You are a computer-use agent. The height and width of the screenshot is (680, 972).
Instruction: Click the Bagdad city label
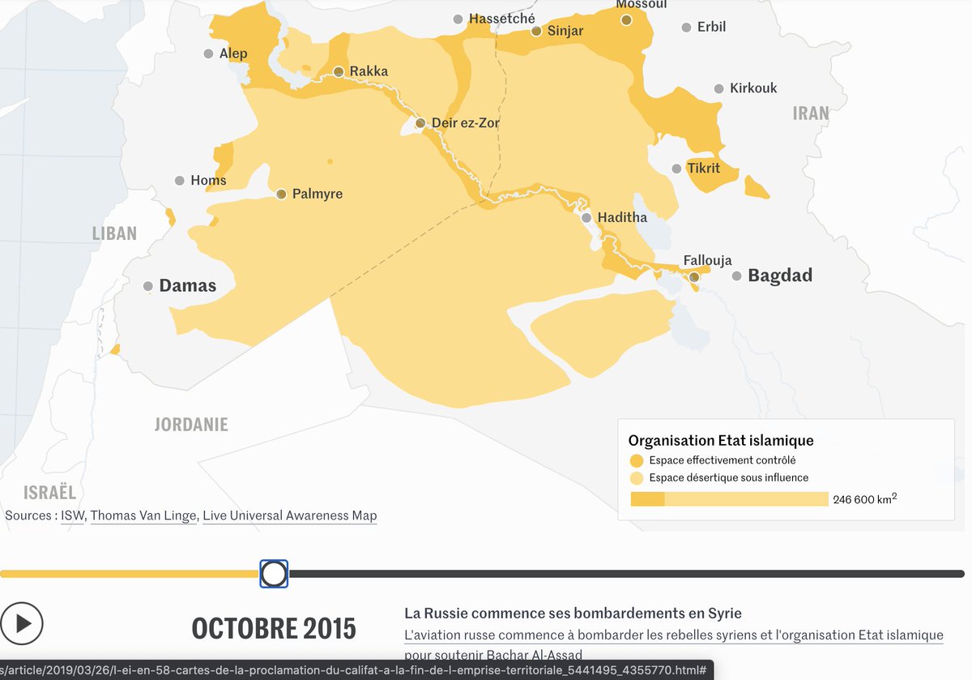click(x=779, y=276)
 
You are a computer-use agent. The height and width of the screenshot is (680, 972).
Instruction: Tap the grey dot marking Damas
click(x=148, y=286)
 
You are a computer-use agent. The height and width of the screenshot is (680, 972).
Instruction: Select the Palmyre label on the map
click(x=317, y=194)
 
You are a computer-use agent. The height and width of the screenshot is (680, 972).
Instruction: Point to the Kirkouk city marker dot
click(x=718, y=88)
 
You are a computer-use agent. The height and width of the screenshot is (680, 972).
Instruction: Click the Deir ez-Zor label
click(x=465, y=123)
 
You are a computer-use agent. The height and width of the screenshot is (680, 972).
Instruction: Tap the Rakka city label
click(x=369, y=71)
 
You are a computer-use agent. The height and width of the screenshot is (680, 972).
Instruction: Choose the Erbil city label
click(x=711, y=27)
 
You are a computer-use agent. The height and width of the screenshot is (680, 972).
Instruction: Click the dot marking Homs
click(x=180, y=181)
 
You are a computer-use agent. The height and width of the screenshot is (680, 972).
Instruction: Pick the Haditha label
click(x=622, y=217)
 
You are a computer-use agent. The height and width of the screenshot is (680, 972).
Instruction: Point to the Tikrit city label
click(x=703, y=169)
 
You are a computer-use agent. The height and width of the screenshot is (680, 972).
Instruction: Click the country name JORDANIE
click(x=191, y=424)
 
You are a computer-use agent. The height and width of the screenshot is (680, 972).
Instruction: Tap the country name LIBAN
click(x=114, y=233)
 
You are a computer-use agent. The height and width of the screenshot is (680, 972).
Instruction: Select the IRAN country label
click(x=811, y=113)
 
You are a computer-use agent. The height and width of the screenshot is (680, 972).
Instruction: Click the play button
click(x=22, y=623)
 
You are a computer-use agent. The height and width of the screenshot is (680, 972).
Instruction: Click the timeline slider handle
click(x=274, y=574)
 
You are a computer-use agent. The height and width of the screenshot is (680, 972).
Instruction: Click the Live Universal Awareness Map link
click(x=289, y=515)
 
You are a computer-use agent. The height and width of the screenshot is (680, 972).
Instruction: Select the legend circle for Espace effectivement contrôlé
click(x=637, y=460)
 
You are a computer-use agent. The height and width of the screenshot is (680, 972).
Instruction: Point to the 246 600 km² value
click(x=864, y=499)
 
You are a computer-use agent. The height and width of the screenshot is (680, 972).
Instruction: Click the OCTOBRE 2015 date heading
click(x=273, y=627)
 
